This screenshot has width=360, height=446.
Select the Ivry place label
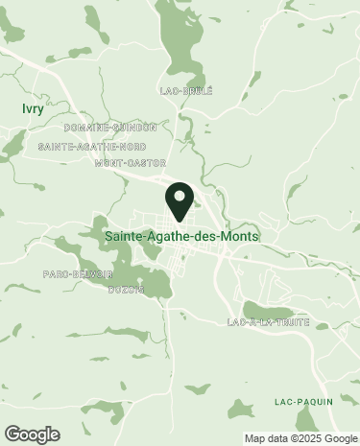tap(33, 108)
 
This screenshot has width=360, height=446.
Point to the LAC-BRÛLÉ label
tap(186, 91)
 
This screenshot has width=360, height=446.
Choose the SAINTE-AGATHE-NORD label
tap(92, 147)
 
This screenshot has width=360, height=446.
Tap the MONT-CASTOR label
tap(130, 163)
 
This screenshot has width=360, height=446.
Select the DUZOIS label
tap(126, 289)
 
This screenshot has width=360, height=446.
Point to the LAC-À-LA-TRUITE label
tap(269, 322)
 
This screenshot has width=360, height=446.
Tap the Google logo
tap(32, 434)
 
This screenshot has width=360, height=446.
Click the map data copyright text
tap(300, 438)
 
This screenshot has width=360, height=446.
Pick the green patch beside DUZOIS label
tap(154, 283)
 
